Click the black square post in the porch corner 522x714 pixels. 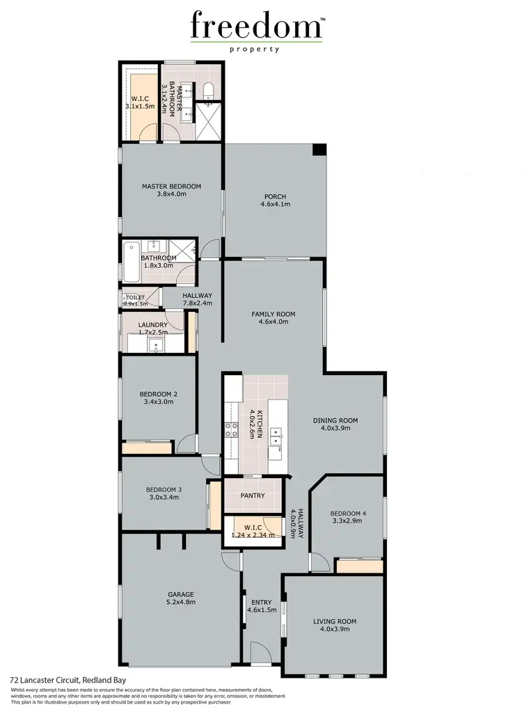319,150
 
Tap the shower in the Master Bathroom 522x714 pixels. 207,122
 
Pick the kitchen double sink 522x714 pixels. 276,436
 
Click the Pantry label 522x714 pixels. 252,495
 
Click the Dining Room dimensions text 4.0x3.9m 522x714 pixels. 335,428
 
